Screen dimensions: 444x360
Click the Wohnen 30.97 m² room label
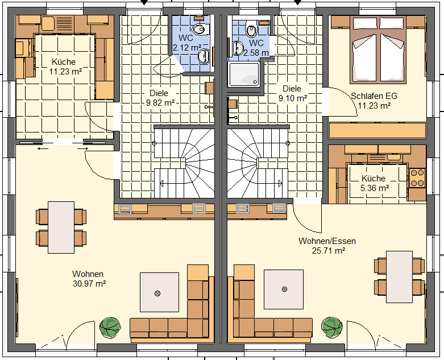pyautogui.click(x=89, y=279)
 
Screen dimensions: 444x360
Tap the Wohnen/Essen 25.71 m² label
pyautogui.click(x=327, y=246)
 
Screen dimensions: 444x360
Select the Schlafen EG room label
pyautogui.click(x=374, y=101)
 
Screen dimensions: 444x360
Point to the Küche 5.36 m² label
pyautogui.click(x=374, y=183)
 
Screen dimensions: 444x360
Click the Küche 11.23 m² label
pyautogui.click(x=65, y=67)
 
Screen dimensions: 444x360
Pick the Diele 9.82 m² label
pyautogui.click(x=159, y=98)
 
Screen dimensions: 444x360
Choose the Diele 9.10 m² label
pyautogui.click(x=293, y=93)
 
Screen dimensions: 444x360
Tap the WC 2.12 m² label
pyautogui.click(x=187, y=43)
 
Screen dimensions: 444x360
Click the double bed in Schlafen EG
pyautogui.click(x=377, y=50)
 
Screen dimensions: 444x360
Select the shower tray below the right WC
pyautogui.click(x=244, y=74)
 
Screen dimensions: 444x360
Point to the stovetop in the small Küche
pyautogui.click(x=417, y=178)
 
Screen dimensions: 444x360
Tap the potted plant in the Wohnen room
pyautogui.click(x=110, y=327)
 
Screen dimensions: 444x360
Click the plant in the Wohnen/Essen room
pyautogui.click(x=332, y=327)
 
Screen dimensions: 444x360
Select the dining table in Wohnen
pyautogui.click(x=61, y=227)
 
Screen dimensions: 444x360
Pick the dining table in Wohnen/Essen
pyautogui.click(x=399, y=277)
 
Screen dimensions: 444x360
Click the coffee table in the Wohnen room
pyautogui.click(x=159, y=292)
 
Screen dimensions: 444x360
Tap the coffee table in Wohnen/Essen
pyautogui.click(x=284, y=289)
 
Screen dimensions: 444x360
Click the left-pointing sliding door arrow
pyautogui.click(x=43, y=148)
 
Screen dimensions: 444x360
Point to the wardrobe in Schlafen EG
pyautogui.click(x=377, y=130)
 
